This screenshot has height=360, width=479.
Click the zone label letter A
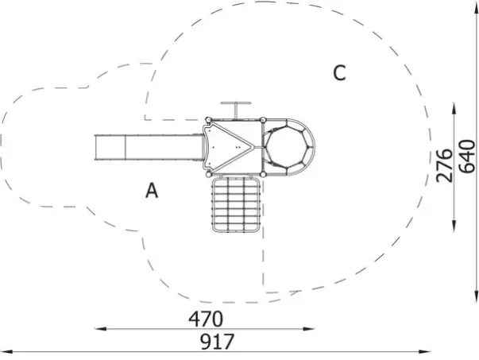pyautogui.click(x=152, y=191)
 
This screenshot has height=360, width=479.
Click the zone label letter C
pyautogui.click(x=339, y=73)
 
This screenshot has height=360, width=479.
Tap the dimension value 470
pyautogui.click(x=206, y=319)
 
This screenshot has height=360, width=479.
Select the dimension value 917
pyautogui.click(x=217, y=342)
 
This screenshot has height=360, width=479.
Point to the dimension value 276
pyautogui.click(x=444, y=165)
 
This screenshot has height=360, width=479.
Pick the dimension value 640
pyautogui.click(x=467, y=157)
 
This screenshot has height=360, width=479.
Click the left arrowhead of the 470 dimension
pyautogui.click(x=100, y=329)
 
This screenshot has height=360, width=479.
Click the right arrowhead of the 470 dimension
pyautogui.click(x=308, y=329)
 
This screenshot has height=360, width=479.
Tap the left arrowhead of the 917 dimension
pyautogui.click(x=6, y=352)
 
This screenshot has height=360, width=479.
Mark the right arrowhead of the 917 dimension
pyautogui.click(x=425, y=352)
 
